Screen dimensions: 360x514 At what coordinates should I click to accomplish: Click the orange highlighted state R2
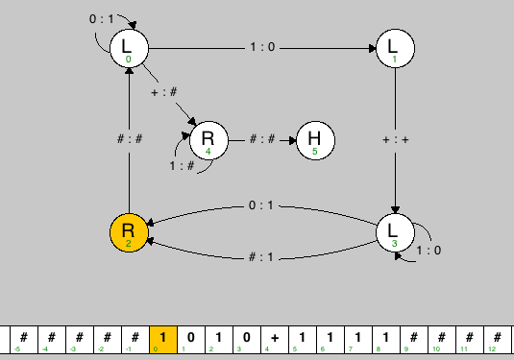pyautogui.click(x=129, y=232)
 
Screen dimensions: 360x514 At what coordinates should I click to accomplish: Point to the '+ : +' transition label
pyautogui.click(x=396, y=138)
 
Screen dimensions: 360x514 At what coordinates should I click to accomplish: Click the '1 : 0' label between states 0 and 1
pyautogui.click(x=261, y=47)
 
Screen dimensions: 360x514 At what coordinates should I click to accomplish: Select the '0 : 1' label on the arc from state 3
pyautogui.click(x=261, y=204)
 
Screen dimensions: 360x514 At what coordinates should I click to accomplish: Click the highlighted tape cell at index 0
pyautogui.click(x=163, y=340)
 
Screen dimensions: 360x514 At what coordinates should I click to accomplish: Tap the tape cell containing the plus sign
pyautogui.click(x=275, y=340)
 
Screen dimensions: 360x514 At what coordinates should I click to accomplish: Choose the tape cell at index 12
pyautogui.click(x=497, y=340)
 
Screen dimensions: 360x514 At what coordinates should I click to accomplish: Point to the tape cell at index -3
pyautogui.click(x=80, y=340)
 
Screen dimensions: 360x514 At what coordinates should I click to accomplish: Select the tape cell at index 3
pyautogui.click(x=247, y=340)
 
